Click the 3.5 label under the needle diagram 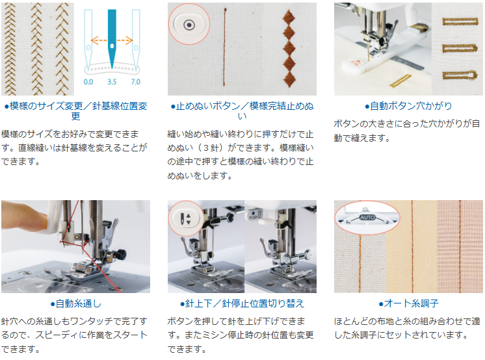[112, 82]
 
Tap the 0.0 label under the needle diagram [88, 82]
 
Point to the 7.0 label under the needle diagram [135, 82]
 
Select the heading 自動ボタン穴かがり [408, 106]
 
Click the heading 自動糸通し [76, 303]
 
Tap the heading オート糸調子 [408, 303]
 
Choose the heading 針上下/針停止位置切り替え [242, 303]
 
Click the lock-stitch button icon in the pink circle [189, 25]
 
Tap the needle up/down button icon [185, 218]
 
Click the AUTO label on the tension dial [367, 218]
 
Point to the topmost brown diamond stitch [289, 17]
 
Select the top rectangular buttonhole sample [460, 21]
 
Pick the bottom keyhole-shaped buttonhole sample [460, 75]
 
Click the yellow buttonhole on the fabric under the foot [400, 81]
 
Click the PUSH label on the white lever [253, 217]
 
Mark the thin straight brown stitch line [224, 46]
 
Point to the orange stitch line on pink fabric [460, 246]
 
